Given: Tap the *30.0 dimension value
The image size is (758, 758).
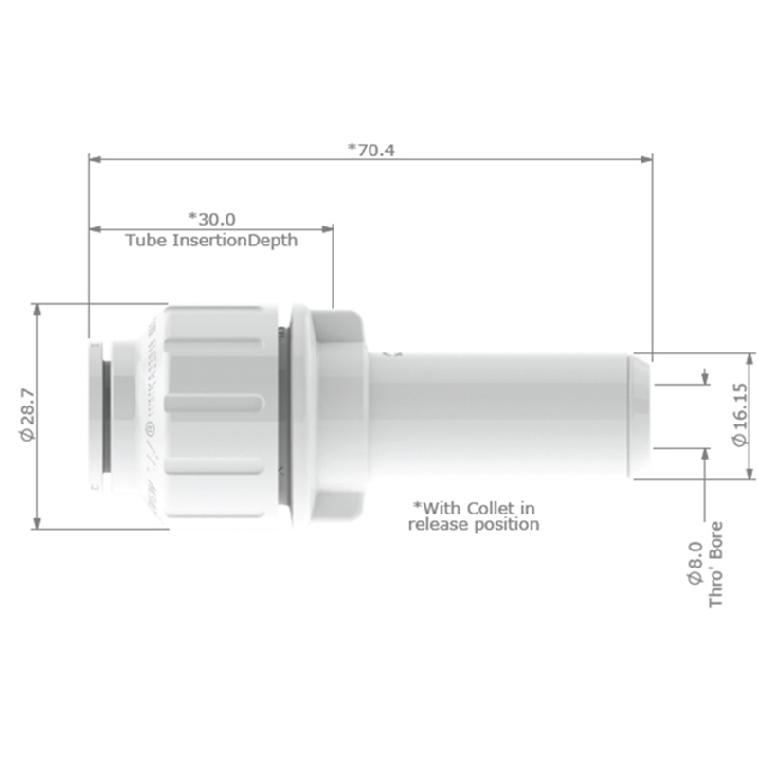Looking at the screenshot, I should tap(211, 219).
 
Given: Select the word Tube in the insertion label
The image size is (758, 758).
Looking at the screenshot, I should tap(146, 241).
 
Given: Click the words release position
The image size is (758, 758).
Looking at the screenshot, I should tap(474, 523).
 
